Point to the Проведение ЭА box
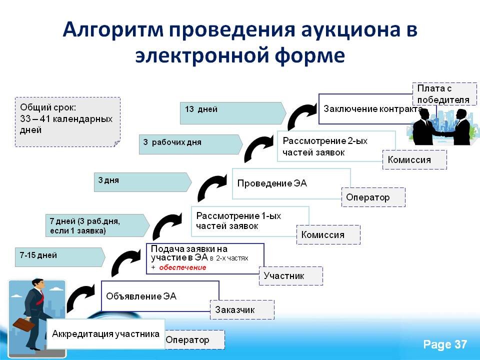coord(291,183)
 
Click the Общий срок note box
coord(67,121)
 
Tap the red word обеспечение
coord(182,267)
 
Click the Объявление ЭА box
coord(160,296)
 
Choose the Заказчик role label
coord(242,310)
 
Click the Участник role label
coord(290,275)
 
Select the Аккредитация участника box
coord(106,333)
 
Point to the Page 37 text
coord(444,344)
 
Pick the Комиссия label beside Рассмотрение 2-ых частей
coord(414,160)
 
